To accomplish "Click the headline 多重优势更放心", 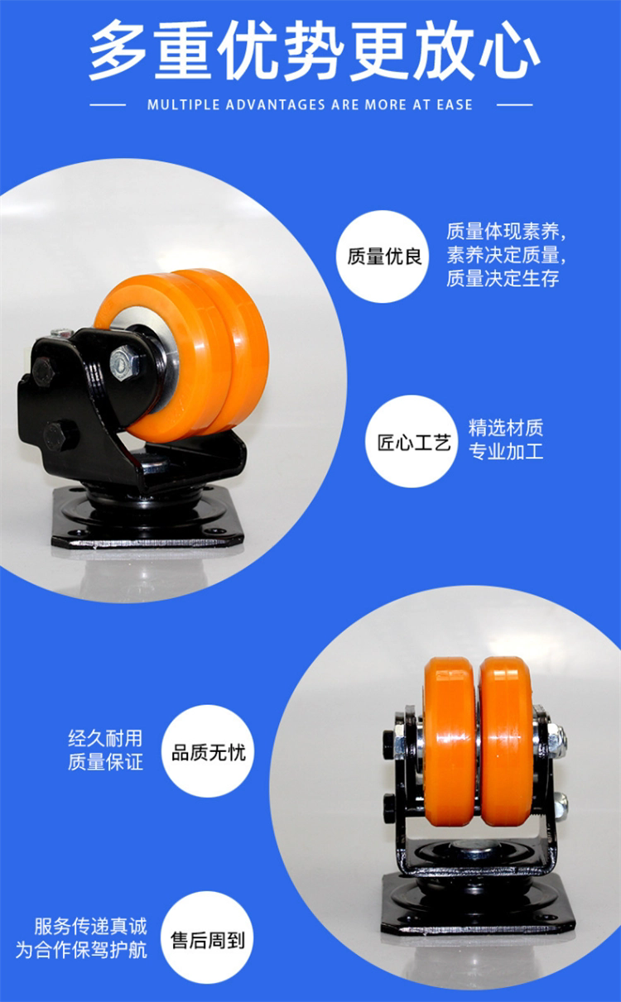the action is pos(314,50).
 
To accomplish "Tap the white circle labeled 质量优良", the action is pos(383,256).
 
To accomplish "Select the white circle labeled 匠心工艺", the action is pos(412,442).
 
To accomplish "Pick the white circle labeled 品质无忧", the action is pos(208,752).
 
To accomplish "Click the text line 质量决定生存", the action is pos(503,278).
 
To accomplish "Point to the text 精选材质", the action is pos(506,428).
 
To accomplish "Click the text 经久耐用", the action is pos(105,738).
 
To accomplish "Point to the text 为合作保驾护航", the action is pos(81,950).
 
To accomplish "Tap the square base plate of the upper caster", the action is pos(147,519).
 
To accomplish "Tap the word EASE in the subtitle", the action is pos(454,105).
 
